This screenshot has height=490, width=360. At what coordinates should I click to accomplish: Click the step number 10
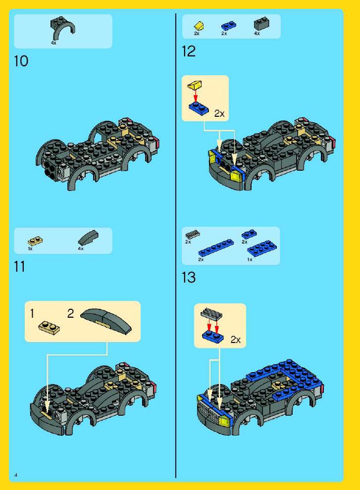(21, 61)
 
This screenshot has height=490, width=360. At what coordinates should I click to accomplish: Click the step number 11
(19, 267)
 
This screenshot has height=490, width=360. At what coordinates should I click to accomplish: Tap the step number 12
(189, 51)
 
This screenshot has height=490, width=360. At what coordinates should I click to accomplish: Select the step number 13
(189, 278)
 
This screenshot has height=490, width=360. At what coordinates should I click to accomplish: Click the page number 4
(16, 475)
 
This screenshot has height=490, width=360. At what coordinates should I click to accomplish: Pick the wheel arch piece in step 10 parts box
(63, 28)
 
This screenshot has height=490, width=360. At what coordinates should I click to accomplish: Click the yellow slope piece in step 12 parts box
(199, 26)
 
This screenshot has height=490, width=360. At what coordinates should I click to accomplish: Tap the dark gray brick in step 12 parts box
(261, 24)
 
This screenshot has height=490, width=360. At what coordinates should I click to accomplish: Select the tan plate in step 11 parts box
(35, 241)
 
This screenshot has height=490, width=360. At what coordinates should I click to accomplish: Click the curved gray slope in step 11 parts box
(88, 238)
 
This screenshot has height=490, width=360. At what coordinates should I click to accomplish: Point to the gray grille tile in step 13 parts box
(193, 235)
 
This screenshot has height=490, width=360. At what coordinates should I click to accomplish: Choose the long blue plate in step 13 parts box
(216, 248)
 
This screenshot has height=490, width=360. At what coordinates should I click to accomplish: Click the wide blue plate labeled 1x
(262, 248)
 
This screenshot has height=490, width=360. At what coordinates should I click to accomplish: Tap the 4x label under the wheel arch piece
(53, 43)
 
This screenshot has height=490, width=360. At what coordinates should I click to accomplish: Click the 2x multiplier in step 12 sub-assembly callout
(219, 114)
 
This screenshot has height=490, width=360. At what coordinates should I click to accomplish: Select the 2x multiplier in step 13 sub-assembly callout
(236, 340)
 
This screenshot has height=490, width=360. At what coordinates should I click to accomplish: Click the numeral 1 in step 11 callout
(32, 313)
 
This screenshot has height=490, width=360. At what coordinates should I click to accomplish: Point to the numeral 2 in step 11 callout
(71, 313)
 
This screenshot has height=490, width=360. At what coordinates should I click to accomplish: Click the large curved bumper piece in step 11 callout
(106, 322)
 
